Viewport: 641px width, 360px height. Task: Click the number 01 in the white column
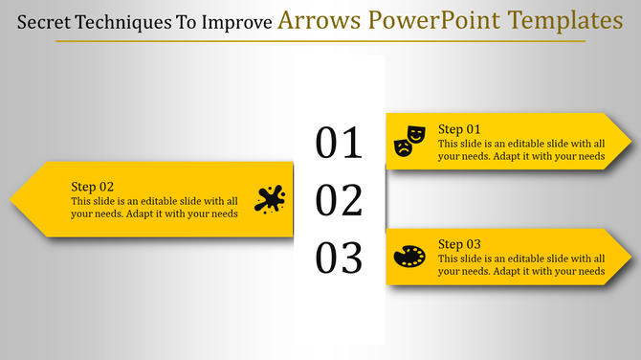coord(340,143)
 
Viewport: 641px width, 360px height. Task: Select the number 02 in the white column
coord(340,201)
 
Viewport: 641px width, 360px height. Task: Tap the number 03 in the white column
coord(340,259)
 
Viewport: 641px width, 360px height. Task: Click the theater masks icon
coord(409,141)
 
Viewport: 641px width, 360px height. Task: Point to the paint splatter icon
coord(271,199)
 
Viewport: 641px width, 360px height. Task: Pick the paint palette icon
coord(409,257)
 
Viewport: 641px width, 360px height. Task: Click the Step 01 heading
coord(459,129)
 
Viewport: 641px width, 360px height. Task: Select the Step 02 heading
coord(93,187)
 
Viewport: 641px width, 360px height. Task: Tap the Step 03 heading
coord(459,244)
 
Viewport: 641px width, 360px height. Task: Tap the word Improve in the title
coord(237,21)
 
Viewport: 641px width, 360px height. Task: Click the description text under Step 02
coord(153,207)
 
